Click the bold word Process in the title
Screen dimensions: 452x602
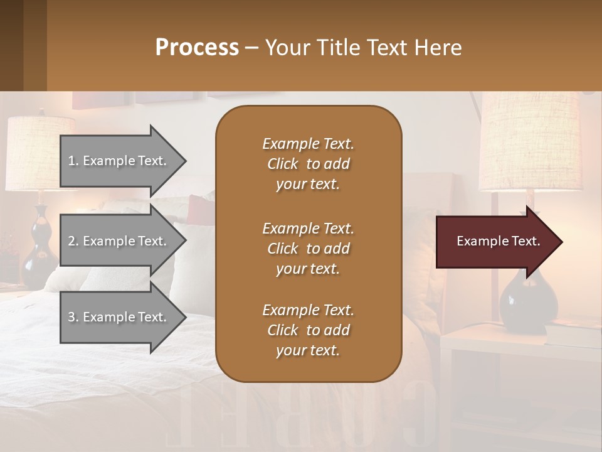(x=197, y=47)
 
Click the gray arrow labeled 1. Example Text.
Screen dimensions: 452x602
(x=119, y=161)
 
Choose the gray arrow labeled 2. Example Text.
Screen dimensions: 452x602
(x=119, y=241)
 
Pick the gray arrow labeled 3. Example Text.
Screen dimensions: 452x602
(x=119, y=317)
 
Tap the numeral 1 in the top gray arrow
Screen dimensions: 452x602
(x=71, y=161)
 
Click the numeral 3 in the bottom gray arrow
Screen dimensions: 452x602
(x=71, y=317)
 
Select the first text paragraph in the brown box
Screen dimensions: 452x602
(x=308, y=164)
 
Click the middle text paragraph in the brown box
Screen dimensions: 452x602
(x=308, y=248)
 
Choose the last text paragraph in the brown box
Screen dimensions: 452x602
(x=308, y=330)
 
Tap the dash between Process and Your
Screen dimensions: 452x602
(x=251, y=48)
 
